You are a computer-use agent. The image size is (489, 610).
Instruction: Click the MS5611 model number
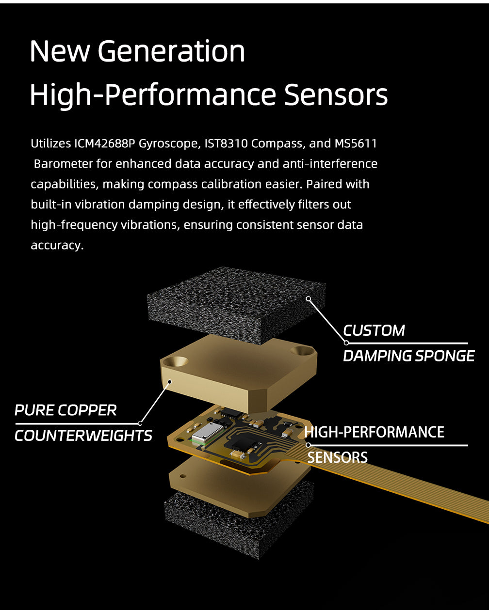[356, 144]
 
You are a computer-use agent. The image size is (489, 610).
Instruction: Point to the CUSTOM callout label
[374, 330]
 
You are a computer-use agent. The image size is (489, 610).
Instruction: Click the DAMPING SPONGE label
[408, 356]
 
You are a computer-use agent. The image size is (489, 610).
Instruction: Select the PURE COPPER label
[65, 410]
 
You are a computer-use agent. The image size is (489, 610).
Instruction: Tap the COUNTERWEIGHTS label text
[83, 436]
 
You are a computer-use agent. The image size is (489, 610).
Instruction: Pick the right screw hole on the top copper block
[301, 350]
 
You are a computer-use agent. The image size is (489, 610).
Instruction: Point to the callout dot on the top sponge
[308, 299]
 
